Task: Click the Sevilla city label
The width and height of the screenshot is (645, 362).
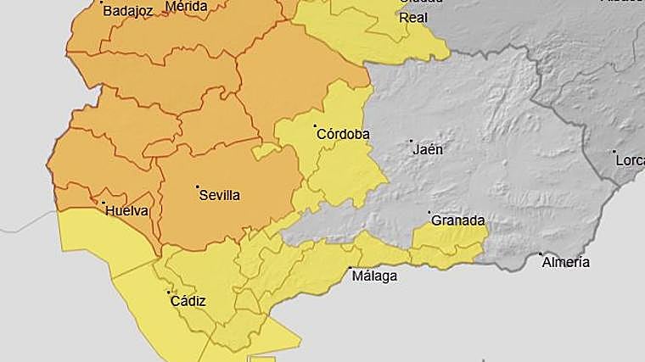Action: pos(219,195)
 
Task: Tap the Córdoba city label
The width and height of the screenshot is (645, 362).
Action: pos(343,134)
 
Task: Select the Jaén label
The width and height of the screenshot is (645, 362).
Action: pos(428,149)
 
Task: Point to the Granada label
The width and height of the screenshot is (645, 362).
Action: pos(457,220)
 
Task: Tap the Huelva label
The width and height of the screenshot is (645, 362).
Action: pos(125,210)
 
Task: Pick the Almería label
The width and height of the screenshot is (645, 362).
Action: pos(565,262)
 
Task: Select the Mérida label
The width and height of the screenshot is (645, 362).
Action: pos(186,6)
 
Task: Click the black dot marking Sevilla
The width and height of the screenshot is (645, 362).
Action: pos(197,187)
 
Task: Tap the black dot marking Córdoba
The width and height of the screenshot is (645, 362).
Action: pos(315,125)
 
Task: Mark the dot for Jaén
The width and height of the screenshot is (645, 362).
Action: pos(412,142)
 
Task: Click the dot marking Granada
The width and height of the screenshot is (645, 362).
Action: pos(429,212)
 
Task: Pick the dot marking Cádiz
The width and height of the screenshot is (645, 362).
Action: pos(168,292)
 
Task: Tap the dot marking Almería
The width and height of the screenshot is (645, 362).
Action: pos(541,253)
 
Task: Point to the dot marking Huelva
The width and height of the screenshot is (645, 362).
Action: pos(103,203)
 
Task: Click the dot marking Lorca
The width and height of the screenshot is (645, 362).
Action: pos(614,152)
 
